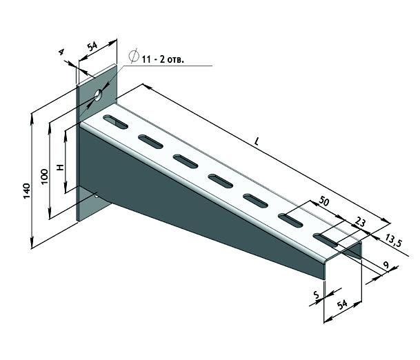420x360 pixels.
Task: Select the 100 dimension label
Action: coord(45,174)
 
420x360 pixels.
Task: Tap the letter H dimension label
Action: coord(61,168)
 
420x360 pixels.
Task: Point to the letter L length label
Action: coord(257,141)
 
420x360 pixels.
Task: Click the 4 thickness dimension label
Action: coord(61,52)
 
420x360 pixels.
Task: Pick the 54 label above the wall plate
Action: coord(92,47)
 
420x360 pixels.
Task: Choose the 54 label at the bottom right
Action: coord(341,304)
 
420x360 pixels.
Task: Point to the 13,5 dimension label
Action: coord(394,241)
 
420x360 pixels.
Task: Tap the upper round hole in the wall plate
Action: coord(99,94)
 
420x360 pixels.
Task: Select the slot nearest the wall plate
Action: coord(116,123)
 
